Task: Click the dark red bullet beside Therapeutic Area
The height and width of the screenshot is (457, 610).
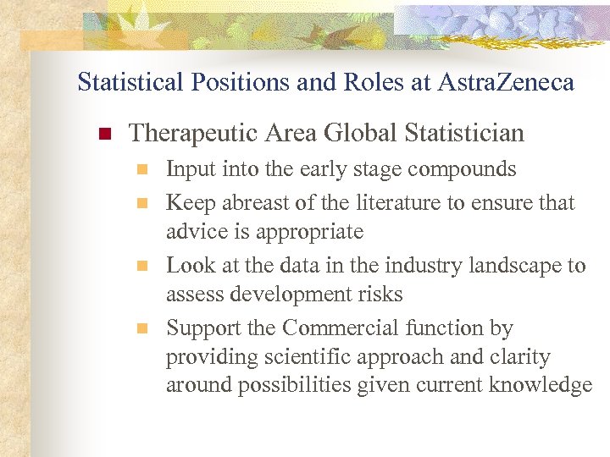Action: tap(105, 134)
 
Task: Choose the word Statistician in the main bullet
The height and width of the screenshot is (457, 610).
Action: tap(464, 133)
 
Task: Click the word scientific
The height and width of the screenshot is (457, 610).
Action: tap(302, 356)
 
